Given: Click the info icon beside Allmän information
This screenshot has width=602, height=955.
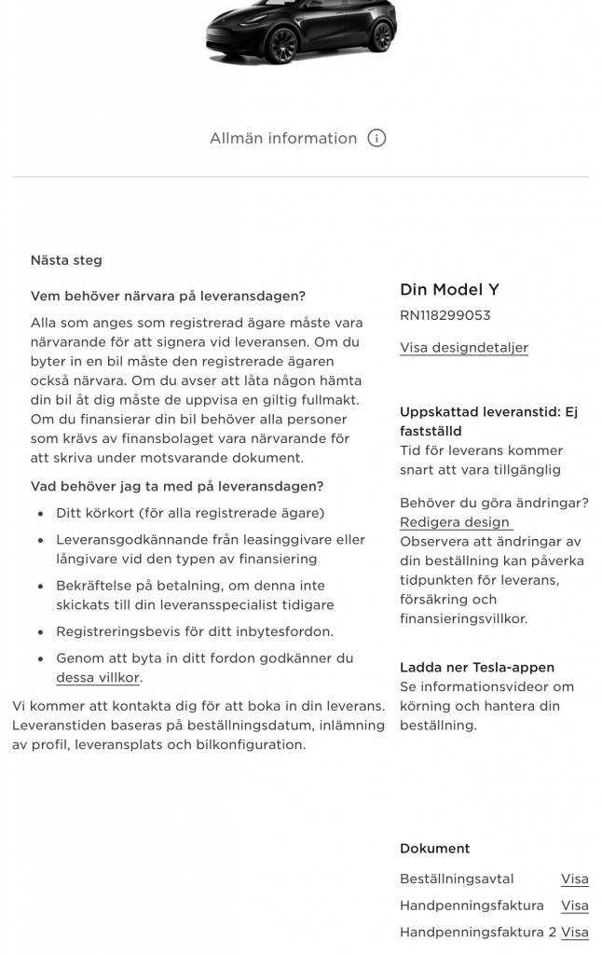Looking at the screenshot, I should click(x=376, y=138).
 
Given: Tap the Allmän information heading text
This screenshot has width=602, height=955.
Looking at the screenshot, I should click(x=283, y=138).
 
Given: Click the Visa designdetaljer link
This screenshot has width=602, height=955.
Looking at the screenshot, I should click(x=464, y=348).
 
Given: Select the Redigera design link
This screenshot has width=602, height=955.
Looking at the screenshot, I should click(x=455, y=522).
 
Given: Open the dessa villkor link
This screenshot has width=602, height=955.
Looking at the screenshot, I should click(x=98, y=678).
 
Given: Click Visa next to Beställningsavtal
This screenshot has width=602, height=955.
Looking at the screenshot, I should click(x=574, y=879).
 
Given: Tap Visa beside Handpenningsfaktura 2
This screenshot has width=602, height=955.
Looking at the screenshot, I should click(x=574, y=932).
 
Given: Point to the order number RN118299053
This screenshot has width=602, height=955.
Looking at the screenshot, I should click(x=445, y=315).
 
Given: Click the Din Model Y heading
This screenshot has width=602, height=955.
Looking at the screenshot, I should click(x=450, y=289).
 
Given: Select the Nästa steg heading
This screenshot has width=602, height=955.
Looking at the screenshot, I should click(x=66, y=260).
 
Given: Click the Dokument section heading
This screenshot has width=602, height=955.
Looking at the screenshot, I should click(x=435, y=849).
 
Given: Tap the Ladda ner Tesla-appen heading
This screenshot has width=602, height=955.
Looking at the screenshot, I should click(x=477, y=667).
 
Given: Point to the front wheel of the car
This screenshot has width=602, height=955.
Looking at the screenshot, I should click(x=280, y=45).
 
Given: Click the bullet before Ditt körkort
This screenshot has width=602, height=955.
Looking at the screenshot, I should click(x=39, y=514).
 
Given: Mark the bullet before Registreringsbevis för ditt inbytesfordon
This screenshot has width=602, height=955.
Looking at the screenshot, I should click(x=39, y=632).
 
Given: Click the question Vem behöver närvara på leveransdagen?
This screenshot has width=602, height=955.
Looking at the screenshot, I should click(x=168, y=297).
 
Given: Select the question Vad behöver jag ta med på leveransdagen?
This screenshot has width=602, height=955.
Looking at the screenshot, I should click(x=177, y=486).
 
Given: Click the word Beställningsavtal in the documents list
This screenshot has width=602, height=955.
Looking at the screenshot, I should click(x=457, y=879).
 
